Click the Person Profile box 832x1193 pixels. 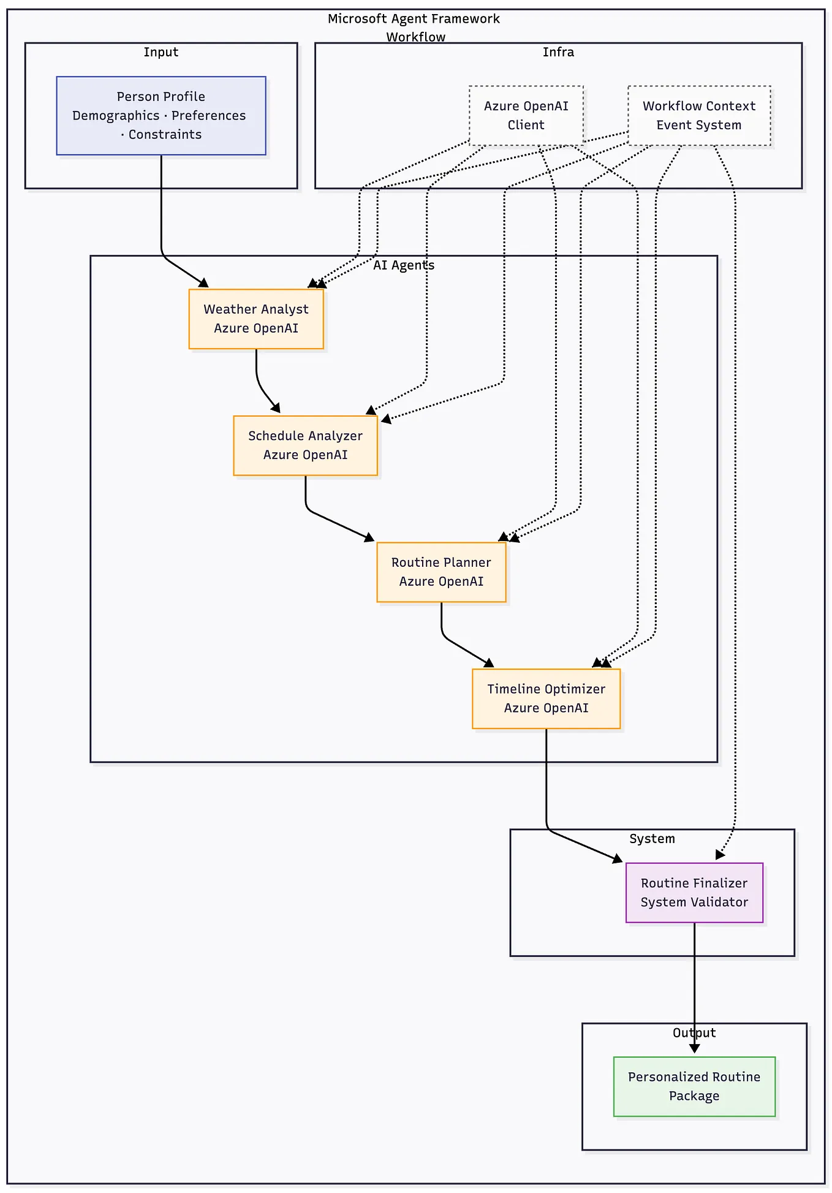tap(161, 115)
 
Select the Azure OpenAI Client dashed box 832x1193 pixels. tap(526, 115)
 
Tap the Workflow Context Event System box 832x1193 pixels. tap(698, 115)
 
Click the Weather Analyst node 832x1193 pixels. tap(256, 319)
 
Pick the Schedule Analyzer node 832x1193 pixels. tap(305, 445)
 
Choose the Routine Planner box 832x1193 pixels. tap(441, 572)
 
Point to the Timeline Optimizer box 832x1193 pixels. tap(546, 699)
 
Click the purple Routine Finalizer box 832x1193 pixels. tap(694, 892)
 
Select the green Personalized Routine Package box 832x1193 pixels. tap(694, 1086)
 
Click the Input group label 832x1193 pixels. tap(161, 52)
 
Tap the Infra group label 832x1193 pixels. tap(558, 52)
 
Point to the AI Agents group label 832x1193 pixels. tap(404, 265)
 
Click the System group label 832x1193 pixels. tap(652, 839)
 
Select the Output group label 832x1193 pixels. tap(694, 1033)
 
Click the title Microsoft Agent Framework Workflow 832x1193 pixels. tap(414, 27)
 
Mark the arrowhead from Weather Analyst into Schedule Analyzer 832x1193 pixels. tap(276, 408)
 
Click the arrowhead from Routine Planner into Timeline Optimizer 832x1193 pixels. tap(489, 663)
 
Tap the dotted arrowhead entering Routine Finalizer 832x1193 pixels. tap(720, 855)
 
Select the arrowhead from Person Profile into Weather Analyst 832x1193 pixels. tap(204, 283)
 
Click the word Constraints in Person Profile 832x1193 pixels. tap(165, 134)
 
